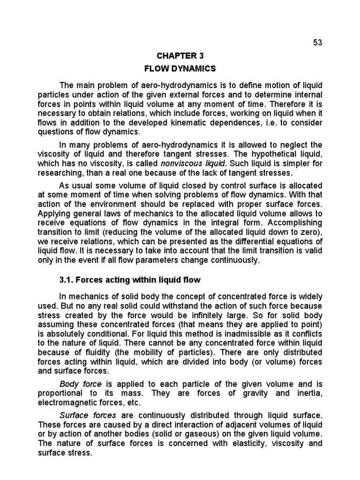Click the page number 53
tap(318, 43)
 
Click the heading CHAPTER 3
tap(180, 56)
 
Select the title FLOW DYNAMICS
tap(180, 69)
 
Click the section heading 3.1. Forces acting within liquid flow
tap(130, 280)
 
